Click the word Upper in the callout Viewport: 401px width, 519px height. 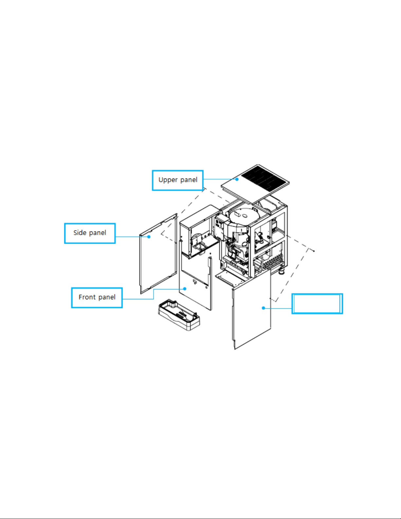168,180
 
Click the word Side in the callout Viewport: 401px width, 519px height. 80,232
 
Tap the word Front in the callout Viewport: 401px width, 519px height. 87,297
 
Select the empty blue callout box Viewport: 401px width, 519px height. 317,303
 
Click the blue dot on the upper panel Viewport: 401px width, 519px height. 237,179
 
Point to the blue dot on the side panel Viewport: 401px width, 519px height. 149,237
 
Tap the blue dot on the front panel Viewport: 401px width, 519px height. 185,289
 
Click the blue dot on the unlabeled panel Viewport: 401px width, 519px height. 264,308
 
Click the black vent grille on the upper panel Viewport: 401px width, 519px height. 263,179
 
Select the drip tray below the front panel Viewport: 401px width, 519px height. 179,314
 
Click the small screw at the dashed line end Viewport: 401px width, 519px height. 314,251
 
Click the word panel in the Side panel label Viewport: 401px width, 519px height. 98,232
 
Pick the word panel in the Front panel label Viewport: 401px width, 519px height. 107,297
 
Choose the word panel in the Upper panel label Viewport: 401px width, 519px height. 189,180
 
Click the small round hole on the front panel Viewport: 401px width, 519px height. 206,287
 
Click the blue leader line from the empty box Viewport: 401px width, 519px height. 278,308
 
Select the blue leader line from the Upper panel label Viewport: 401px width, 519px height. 220,179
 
